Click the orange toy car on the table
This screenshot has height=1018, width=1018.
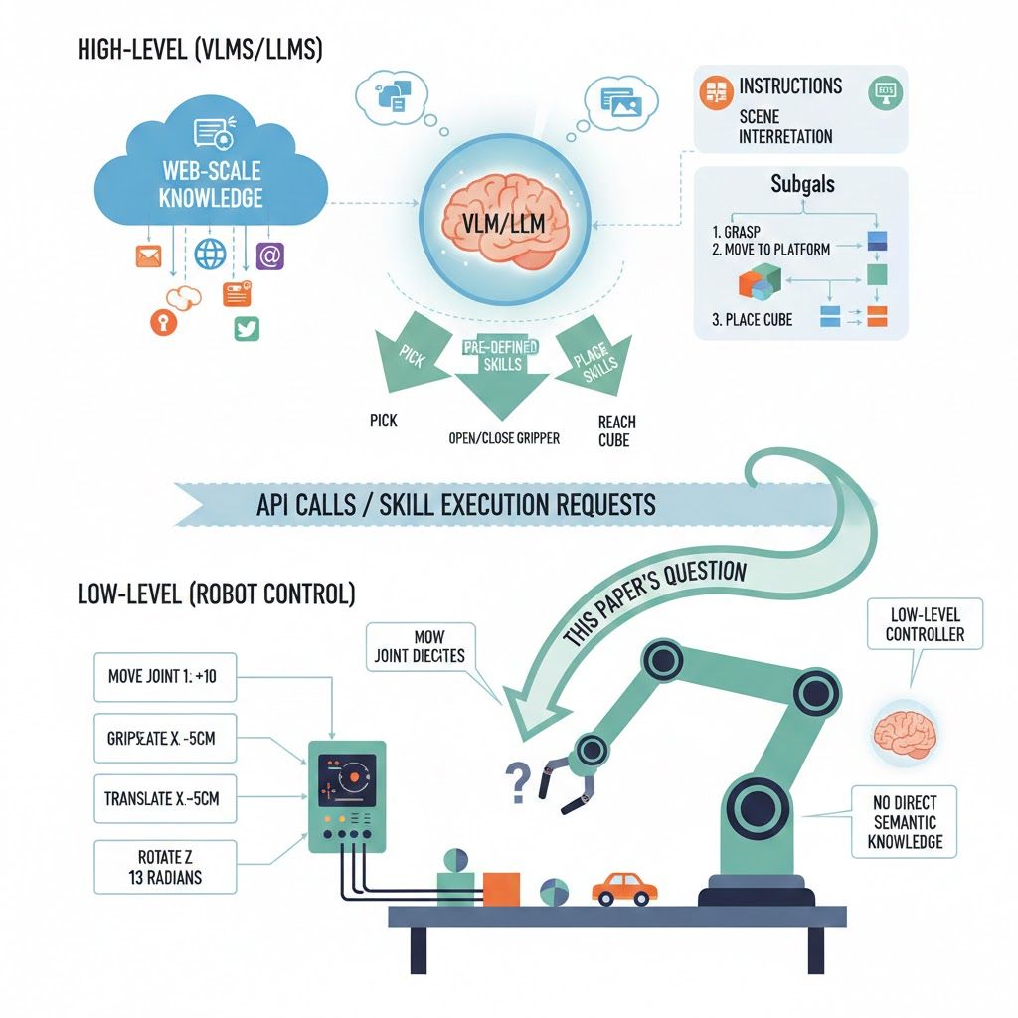(620, 888)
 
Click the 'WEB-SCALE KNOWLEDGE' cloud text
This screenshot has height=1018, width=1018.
(211, 185)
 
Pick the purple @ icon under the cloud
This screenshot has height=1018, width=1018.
(269, 255)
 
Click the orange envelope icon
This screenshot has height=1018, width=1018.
(148, 256)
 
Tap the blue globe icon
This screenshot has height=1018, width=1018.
(210, 254)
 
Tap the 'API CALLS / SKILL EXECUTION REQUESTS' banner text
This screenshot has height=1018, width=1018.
(455, 504)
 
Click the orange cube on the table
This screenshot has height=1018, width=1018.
(501, 888)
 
